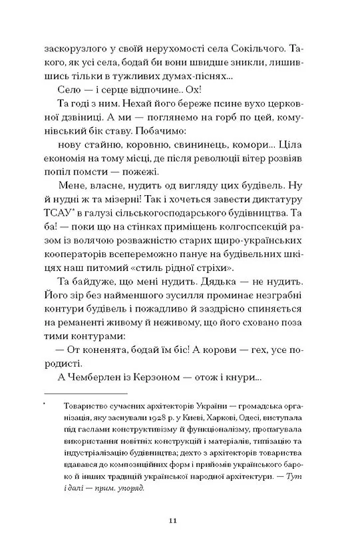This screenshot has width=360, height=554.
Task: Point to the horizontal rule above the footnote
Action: [84, 394]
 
